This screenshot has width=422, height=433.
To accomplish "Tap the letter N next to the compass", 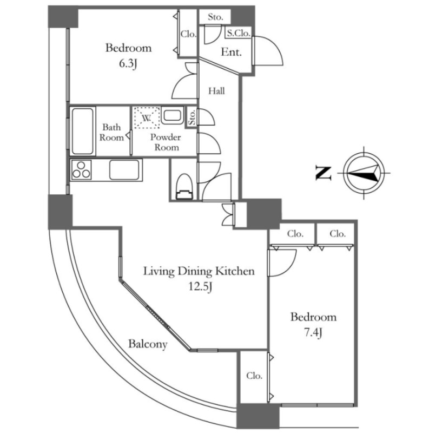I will tap(323, 173).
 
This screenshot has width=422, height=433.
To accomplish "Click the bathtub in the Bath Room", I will tap(83, 131).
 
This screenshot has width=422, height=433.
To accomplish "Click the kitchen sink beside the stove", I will tap(125, 169).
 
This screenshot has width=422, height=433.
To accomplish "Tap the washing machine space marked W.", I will tap(146, 117).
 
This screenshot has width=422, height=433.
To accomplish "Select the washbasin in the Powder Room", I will tap(173, 116).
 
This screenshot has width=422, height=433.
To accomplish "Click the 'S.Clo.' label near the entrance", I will tap(238, 34).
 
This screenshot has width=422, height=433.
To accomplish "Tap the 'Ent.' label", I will tap(232, 53).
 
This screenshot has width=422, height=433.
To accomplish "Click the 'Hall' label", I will tap(217, 91).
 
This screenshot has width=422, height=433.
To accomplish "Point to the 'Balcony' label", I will tap(147, 344).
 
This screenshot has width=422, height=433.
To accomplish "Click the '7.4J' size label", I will tap(313, 332).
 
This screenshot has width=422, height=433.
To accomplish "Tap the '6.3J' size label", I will tap(128, 64).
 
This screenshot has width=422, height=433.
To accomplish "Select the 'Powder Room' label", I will tap(165, 142).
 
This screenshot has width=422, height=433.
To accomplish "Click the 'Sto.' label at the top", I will tap(215, 17).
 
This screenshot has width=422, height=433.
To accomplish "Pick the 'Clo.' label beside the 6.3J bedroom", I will tap(188, 34).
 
